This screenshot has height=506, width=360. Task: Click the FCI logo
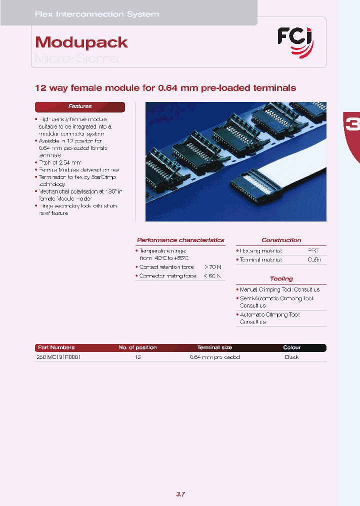(x=295, y=41)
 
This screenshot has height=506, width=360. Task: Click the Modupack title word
(x=81, y=42)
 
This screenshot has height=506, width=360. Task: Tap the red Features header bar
(x=80, y=106)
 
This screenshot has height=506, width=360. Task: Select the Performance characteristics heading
(x=180, y=240)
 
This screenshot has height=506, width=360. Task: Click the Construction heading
(x=281, y=240)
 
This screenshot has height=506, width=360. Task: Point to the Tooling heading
(x=281, y=278)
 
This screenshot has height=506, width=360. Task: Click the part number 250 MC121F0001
(x=58, y=357)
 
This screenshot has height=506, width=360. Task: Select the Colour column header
(x=291, y=347)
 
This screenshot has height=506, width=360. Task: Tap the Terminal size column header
(x=214, y=347)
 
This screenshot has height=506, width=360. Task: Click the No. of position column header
(x=137, y=347)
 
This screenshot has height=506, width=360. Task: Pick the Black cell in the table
(x=291, y=357)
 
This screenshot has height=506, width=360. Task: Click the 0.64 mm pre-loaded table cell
(x=214, y=357)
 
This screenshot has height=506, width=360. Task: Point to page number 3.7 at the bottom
(x=180, y=494)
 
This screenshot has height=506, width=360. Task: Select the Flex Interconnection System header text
(x=97, y=14)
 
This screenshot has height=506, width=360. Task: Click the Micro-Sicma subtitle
(x=76, y=58)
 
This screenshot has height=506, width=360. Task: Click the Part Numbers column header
(x=56, y=347)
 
